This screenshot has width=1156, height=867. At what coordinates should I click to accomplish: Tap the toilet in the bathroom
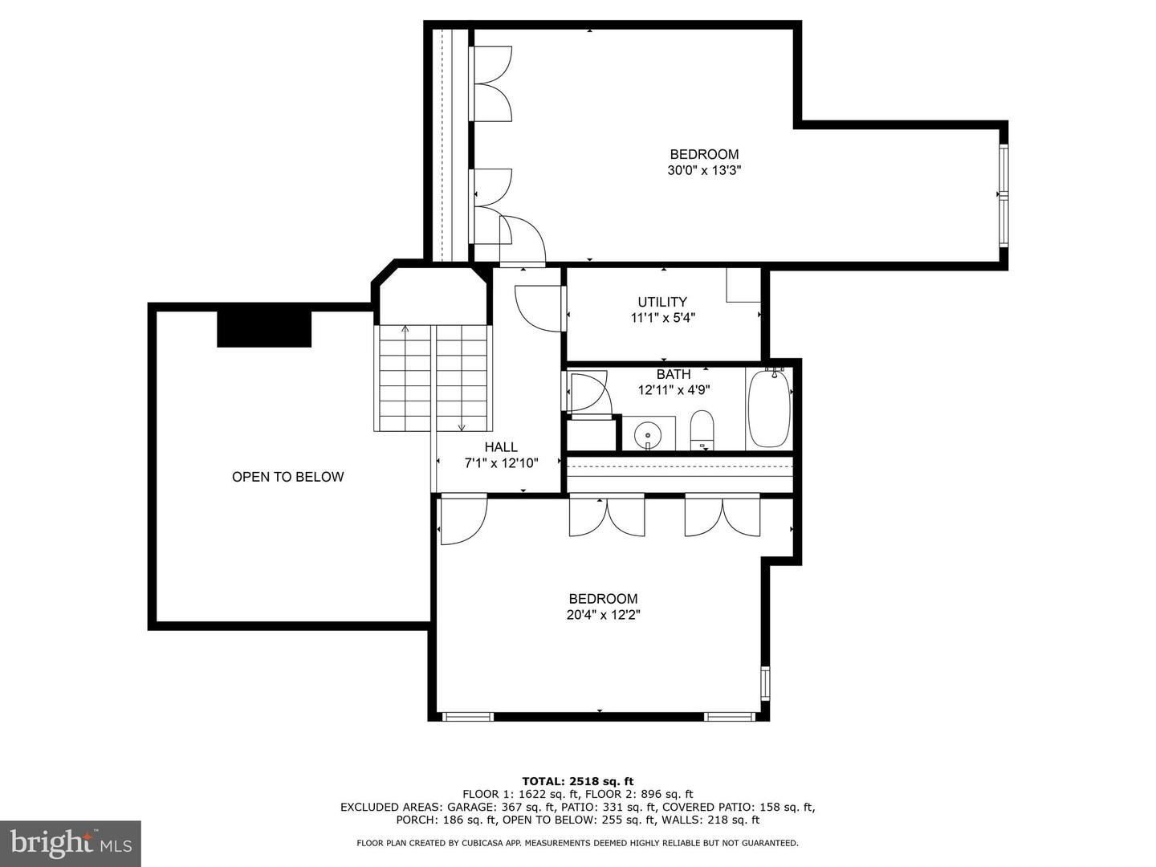(701, 430)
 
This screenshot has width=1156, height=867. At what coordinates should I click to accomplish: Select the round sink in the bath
(647, 435)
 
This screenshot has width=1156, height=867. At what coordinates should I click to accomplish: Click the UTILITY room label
(662, 302)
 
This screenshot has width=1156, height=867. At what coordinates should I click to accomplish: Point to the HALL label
(501, 447)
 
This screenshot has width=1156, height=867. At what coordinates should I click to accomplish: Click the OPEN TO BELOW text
(287, 476)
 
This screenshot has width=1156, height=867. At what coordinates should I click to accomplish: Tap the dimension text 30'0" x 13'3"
(704, 170)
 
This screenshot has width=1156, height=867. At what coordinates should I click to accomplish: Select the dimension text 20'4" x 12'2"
(603, 615)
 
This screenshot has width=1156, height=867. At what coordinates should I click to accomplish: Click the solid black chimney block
(264, 329)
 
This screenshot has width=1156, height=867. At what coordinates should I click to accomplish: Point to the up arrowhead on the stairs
(405, 329)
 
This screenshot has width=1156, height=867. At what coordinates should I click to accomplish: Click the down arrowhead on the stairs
(462, 427)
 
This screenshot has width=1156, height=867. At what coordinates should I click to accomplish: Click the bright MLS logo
(70, 843)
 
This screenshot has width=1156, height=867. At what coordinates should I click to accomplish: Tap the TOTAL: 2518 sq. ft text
(577, 781)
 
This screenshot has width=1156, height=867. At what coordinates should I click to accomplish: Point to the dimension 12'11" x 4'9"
(674, 390)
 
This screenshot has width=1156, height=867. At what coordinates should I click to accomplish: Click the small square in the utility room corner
(743, 285)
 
